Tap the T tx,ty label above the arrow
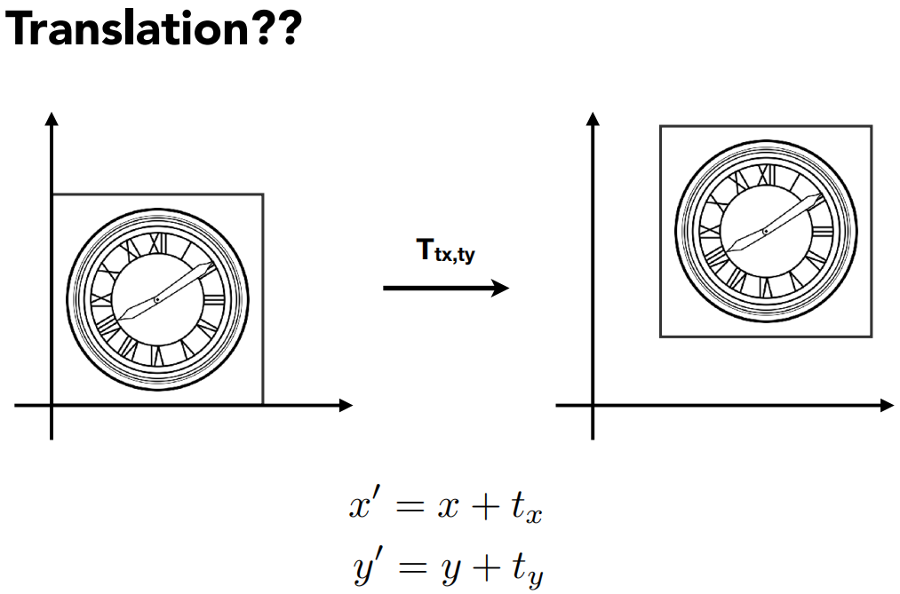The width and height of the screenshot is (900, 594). tap(445, 252)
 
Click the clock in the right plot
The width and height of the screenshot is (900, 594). tap(766, 231)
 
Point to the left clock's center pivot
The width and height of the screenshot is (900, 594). tap(157, 299)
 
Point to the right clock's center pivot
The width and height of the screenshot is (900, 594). tap(766, 231)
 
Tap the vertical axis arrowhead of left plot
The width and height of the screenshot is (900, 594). tap(52, 119)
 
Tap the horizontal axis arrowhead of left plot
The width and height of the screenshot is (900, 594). tap(346, 406)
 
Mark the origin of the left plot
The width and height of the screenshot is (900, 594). tap(52, 406)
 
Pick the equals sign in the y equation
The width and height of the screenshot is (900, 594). tap(409, 566)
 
